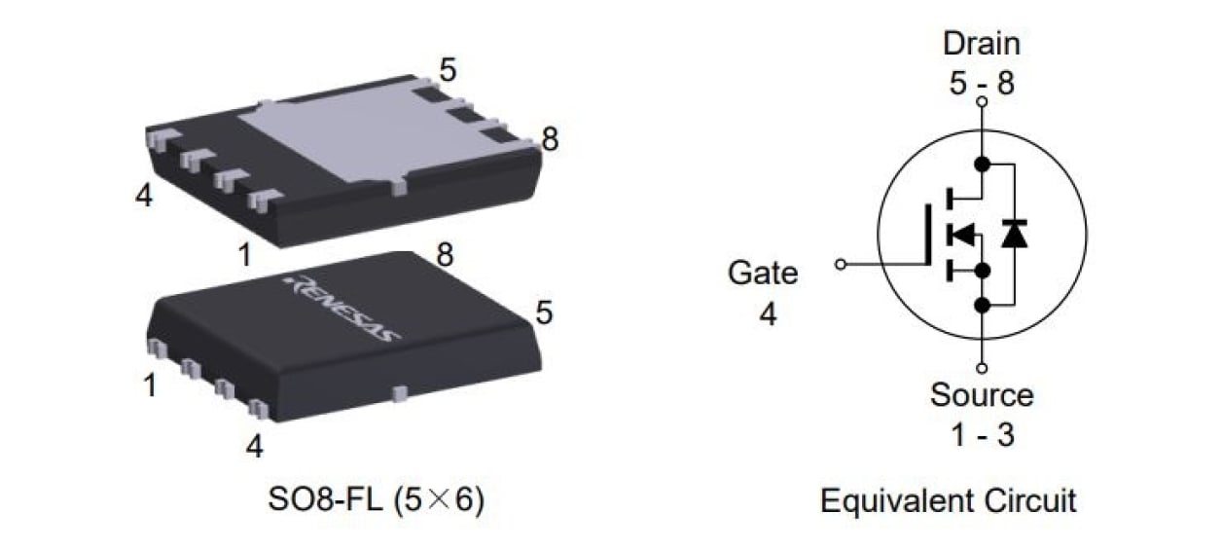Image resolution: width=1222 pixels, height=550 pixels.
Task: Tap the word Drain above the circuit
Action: click(981, 44)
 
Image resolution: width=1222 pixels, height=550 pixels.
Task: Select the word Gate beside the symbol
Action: click(762, 273)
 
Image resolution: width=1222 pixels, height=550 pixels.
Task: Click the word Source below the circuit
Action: click(981, 395)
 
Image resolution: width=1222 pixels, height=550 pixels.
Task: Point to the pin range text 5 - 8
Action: click(981, 83)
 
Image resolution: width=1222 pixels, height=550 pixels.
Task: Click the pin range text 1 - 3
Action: click(981, 434)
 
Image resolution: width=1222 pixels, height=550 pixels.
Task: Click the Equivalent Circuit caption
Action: click(948, 501)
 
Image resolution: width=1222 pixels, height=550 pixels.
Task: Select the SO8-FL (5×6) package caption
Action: click(376, 501)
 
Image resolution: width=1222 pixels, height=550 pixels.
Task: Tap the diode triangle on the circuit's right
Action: click(1014, 234)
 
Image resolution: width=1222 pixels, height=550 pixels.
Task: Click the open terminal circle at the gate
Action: click(842, 263)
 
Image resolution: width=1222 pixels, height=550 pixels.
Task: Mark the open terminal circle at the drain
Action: click(982, 101)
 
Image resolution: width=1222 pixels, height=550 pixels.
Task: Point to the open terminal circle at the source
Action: click(982, 368)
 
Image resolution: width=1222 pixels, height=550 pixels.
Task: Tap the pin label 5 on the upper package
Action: click(448, 70)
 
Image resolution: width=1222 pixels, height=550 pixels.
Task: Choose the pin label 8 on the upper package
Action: click(551, 140)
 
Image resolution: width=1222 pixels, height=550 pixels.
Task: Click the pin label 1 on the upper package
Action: click(244, 255)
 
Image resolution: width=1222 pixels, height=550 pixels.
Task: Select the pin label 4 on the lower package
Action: click(254, 447)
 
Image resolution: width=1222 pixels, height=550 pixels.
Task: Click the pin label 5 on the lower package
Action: click(544, 312)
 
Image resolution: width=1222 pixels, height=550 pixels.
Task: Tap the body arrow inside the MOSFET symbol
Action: click(962, 234)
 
